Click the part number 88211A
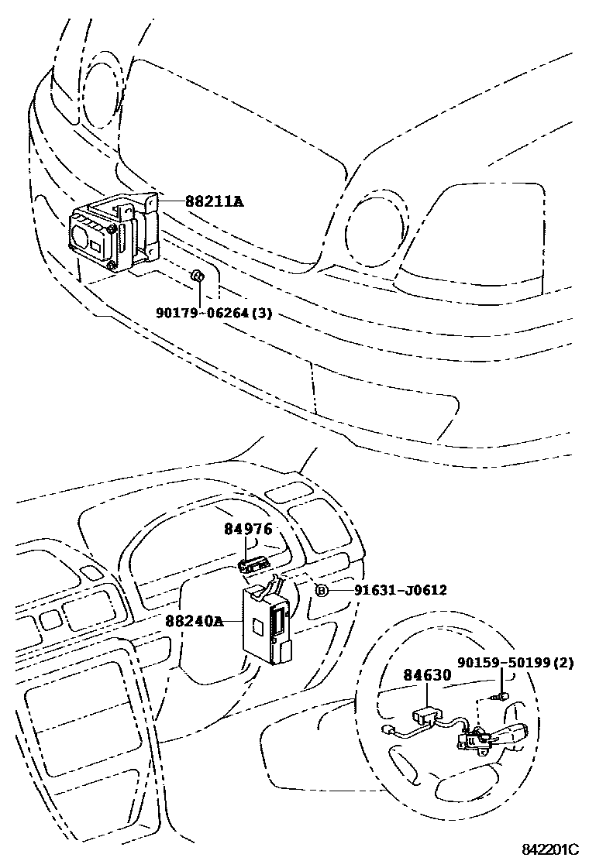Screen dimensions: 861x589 pos(214,201)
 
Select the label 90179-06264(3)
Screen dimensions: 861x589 pos(215,314)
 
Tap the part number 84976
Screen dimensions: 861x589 pos(248,530)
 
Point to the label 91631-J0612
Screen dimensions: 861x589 pos(400,591)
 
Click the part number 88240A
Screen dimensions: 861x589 pos(193,620)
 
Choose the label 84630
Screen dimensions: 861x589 pos(426,675)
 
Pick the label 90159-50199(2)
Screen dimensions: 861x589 pos(515,662)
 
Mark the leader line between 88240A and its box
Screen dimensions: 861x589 pos(232,620)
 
